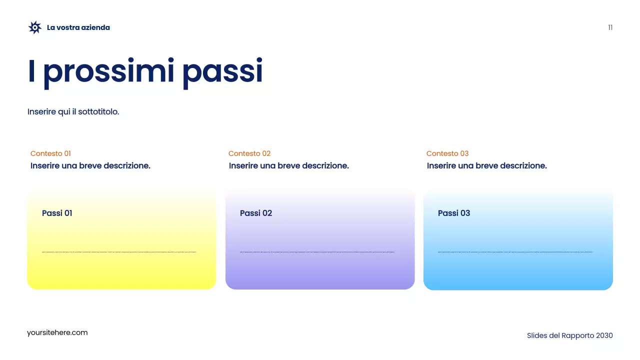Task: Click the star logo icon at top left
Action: click(34, 27)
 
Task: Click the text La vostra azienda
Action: click(78, 27)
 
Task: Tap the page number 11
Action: click(610, 27)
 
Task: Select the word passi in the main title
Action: click(222, 71)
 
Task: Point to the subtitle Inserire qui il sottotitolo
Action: click(73, 111)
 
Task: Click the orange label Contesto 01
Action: click(50, 153)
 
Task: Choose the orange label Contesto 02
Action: click(249, 153)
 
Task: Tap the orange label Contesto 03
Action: click(447, 153)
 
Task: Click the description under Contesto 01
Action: click(90, 165)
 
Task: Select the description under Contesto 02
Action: click(288, 165)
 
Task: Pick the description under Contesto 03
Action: click(486, 165)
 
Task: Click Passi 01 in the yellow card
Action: click(57, 213)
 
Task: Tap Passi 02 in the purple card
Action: click(255, 213)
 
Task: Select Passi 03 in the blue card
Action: click(453, 213)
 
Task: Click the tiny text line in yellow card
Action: click(119, 252)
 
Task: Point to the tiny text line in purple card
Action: click(317, 252)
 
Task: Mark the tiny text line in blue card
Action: click(515, 252)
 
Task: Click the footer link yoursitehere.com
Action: click(57, 332)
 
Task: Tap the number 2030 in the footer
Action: click(604, 335)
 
